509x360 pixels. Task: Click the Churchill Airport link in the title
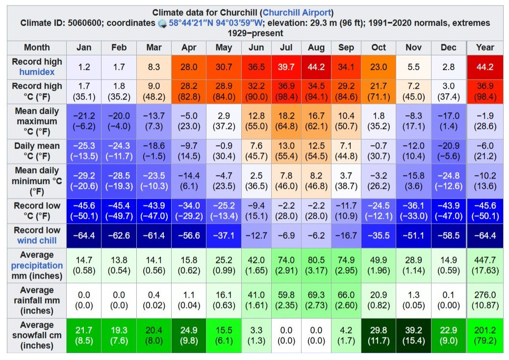point(297,13)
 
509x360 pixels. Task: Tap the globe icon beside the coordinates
point(163,24)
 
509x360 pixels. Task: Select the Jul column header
point(286,48)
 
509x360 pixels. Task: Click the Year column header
point(485,48)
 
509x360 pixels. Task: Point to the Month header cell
point(37,48)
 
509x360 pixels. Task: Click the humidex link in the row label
point(37,72)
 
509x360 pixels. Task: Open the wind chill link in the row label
point(37,240)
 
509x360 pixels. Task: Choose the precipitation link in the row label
point(37,265)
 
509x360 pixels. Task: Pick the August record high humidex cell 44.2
point(316,67)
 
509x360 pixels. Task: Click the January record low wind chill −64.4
point(84,236)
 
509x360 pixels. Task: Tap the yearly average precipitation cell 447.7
point(485,265)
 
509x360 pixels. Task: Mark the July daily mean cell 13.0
point(286,151)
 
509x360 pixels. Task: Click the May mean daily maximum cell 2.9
point(224,121)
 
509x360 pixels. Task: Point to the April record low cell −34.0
point(189,211)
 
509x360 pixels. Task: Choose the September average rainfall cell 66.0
point(346,300)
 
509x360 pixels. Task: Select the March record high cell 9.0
point(154,91)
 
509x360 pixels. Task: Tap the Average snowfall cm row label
point(37,335)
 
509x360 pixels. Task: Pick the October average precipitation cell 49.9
point(379,265)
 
